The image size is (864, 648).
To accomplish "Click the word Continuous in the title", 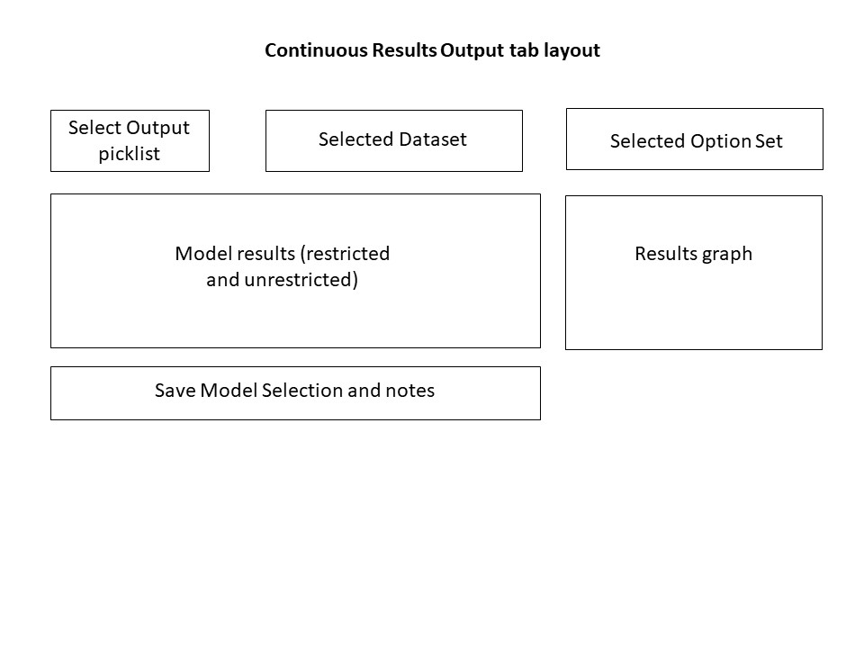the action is point(316,50).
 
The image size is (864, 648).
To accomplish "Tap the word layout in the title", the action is point(571,50).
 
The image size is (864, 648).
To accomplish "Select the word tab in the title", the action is point(524,50).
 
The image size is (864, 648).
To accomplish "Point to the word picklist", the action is point(129,154).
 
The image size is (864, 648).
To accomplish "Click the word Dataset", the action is point(433,139).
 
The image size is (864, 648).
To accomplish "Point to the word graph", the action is point(727,255).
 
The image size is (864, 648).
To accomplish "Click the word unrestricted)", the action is point(301,280).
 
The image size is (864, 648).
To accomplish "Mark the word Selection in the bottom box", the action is point(302,391).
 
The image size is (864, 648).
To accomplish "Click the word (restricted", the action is point(345,254).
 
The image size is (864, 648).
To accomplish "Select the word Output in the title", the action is point(472,50).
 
